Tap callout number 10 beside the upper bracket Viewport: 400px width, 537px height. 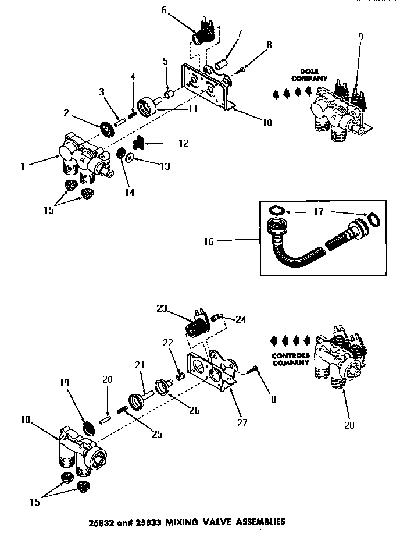click(x=267, y=123)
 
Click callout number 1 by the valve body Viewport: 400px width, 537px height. click(x=23, y=166)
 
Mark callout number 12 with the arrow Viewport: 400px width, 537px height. click(x=183, y=143)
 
